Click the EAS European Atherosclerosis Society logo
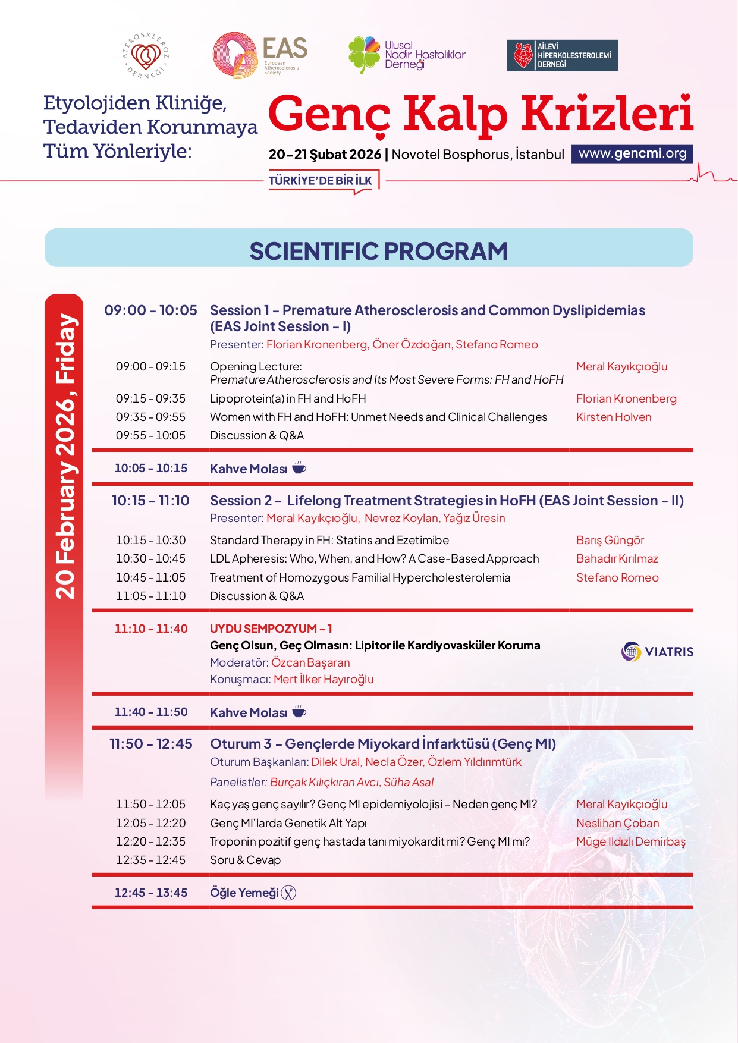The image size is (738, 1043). coord(260,55)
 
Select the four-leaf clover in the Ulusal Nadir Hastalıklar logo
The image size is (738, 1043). coord(363,54)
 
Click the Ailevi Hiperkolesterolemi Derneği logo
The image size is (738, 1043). coord(562,55)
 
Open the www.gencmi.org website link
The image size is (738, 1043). coord(632,153)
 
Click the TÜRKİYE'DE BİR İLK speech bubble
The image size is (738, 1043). coord(321,181)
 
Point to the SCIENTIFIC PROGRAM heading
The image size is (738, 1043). coord(378,251)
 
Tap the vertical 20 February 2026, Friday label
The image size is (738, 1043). coord(64,455)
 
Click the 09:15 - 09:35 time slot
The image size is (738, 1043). coord(150,398)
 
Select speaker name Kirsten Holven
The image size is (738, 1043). coord(614,417)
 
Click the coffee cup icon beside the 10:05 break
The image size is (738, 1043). coord(299,468)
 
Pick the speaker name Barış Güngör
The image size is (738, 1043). coord(610,540)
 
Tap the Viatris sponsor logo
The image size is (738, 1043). coord(657,652)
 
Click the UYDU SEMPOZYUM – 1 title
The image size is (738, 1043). coord(271,629)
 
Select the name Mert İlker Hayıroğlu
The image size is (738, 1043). coord(324,679)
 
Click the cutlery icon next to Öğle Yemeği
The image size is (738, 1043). coord(288,893)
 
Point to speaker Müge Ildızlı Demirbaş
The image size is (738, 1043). coord(630,841)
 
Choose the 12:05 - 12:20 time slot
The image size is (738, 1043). coord(150,823)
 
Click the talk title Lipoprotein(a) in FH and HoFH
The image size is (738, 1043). coord(288,398)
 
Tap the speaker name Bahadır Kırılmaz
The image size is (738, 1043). coord(617,558)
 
